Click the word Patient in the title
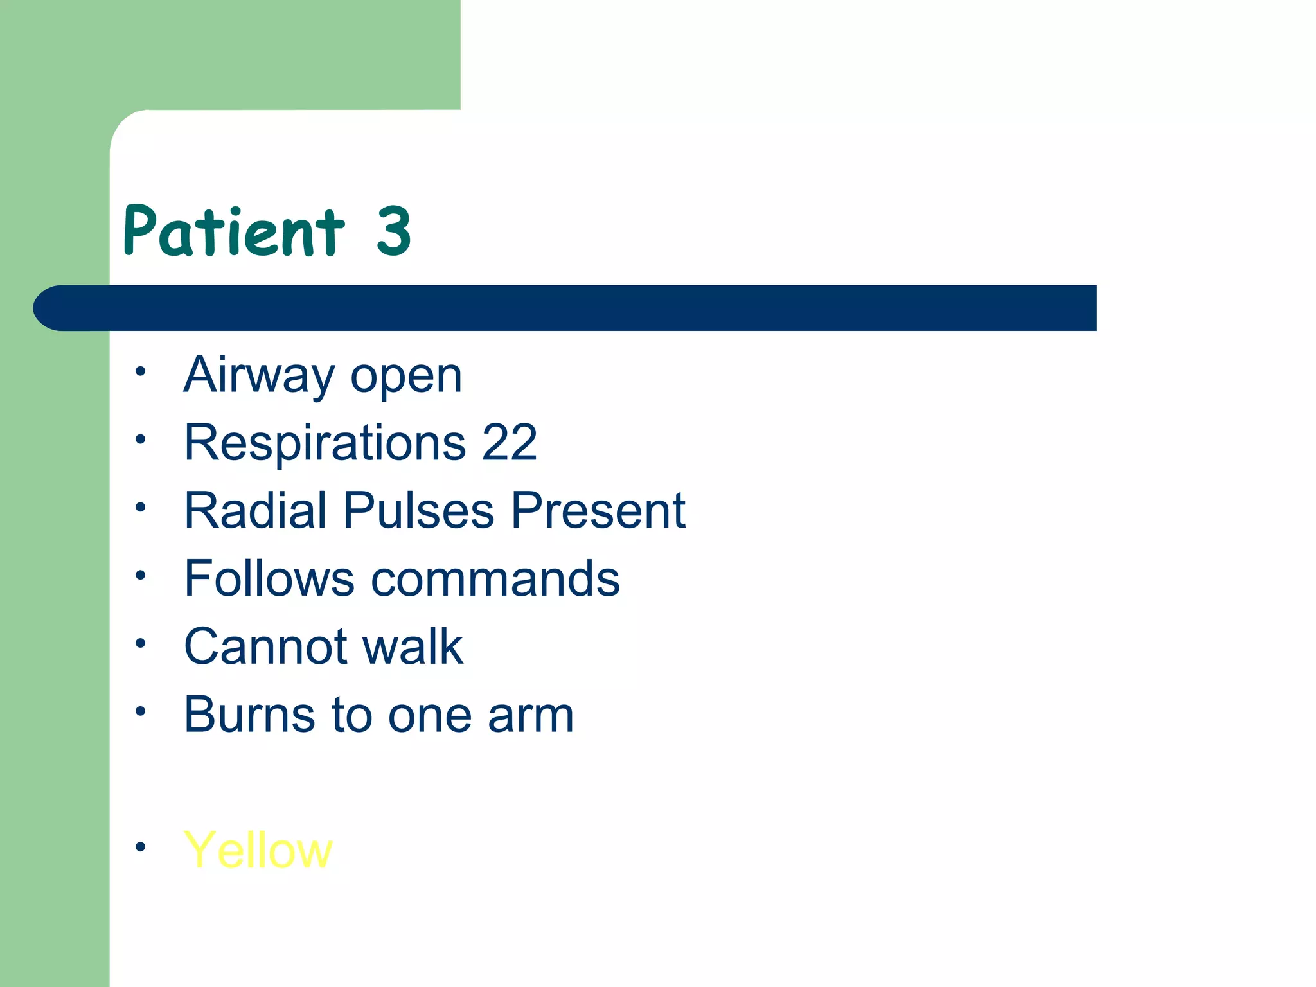[x=234, y=231]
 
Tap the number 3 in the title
[x=393, y=231]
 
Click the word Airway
[x=258, y=376]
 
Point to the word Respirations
[x=325, y=443]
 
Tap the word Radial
[x=255, y=510]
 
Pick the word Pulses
[x=419, y=510]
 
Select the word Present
[x=598, y=510]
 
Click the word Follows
[x=269, y=578]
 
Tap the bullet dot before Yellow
[x=141, y=847]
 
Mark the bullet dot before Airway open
[x=141, y=371]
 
